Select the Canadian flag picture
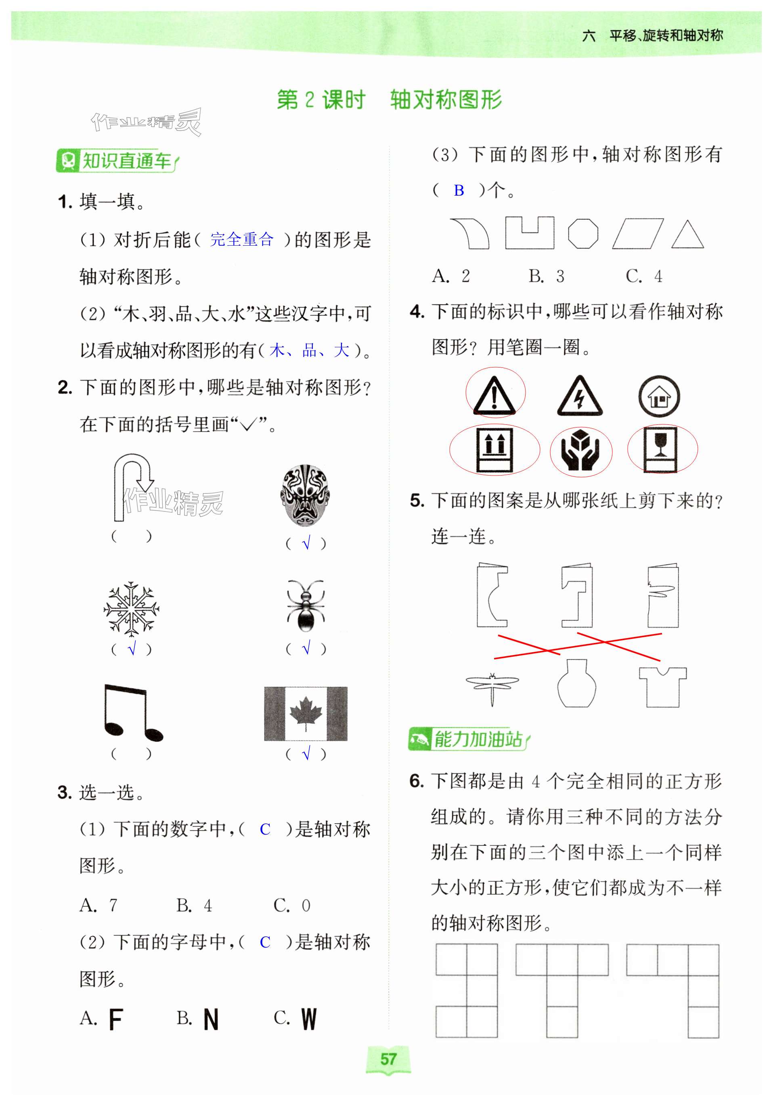[306, 714]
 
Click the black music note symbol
[132, 714]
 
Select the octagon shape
[583, 234]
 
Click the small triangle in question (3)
[687, 235]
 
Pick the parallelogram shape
[638, 234]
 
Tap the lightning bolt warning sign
[579, 396]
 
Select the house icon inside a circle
[659, 396]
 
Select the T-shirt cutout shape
[663, 687]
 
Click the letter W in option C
[309, 1019]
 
